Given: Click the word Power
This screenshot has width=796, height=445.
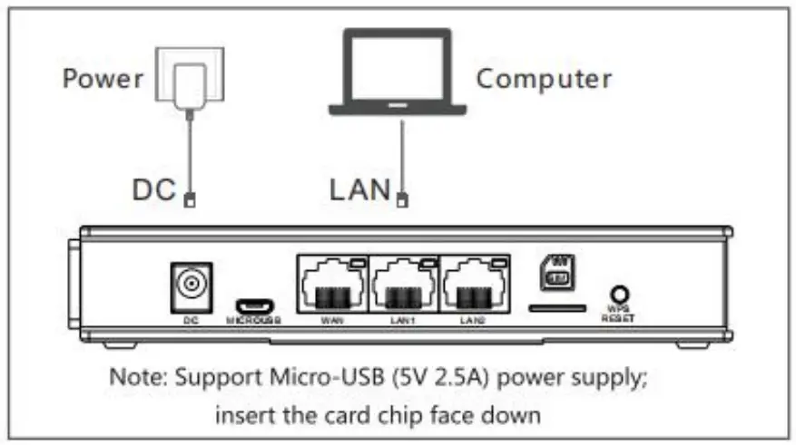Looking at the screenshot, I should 103,78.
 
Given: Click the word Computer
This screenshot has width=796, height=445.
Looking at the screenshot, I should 544,78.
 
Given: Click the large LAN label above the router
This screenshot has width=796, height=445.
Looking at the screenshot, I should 359,190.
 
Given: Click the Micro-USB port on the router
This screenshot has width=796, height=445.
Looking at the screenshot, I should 253,305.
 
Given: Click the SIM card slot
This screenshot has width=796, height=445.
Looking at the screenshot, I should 555,308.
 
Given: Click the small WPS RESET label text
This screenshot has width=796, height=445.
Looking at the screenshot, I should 618,315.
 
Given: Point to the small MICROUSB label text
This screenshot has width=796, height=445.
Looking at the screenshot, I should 253,321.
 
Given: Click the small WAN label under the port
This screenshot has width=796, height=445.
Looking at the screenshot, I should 331,321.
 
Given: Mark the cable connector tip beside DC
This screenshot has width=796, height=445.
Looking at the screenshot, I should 189,200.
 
